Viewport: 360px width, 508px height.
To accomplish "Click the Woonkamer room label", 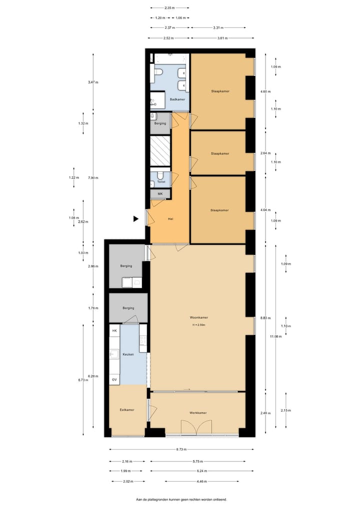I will coord(198,318).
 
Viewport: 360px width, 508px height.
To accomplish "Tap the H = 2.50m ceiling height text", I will coord(198,325).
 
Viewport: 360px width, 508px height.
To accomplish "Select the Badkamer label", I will coord(177,99).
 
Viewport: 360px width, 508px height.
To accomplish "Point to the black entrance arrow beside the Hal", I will coord(135,218).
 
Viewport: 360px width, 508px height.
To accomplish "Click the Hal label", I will coord(170,219).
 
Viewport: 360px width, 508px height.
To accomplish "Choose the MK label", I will coord(160,194).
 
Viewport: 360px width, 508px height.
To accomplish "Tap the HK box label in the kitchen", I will coord(114,331).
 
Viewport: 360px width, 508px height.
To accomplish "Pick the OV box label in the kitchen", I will coord(114,380).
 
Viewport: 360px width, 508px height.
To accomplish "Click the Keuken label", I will coord(128,354).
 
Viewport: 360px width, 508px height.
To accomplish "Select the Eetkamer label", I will coord(127,410).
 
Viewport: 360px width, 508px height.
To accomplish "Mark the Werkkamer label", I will coord(198,413).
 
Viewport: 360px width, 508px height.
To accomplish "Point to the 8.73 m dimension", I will coord(179,449).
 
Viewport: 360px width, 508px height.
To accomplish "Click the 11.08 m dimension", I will coord(275,337).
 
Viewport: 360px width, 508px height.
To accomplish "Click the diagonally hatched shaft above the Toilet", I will coord(160,151).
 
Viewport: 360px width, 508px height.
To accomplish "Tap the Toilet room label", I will coord(161,182).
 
